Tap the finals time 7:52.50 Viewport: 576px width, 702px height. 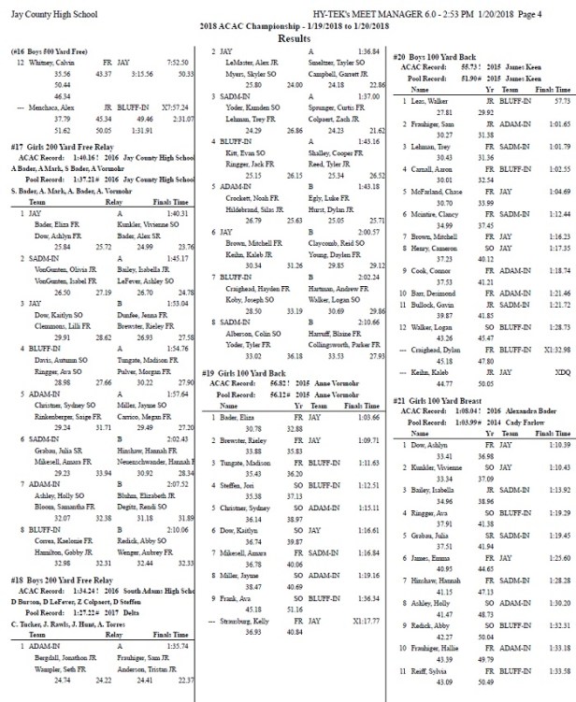pos(179,61)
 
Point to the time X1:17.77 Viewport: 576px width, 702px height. pos(367,671)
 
